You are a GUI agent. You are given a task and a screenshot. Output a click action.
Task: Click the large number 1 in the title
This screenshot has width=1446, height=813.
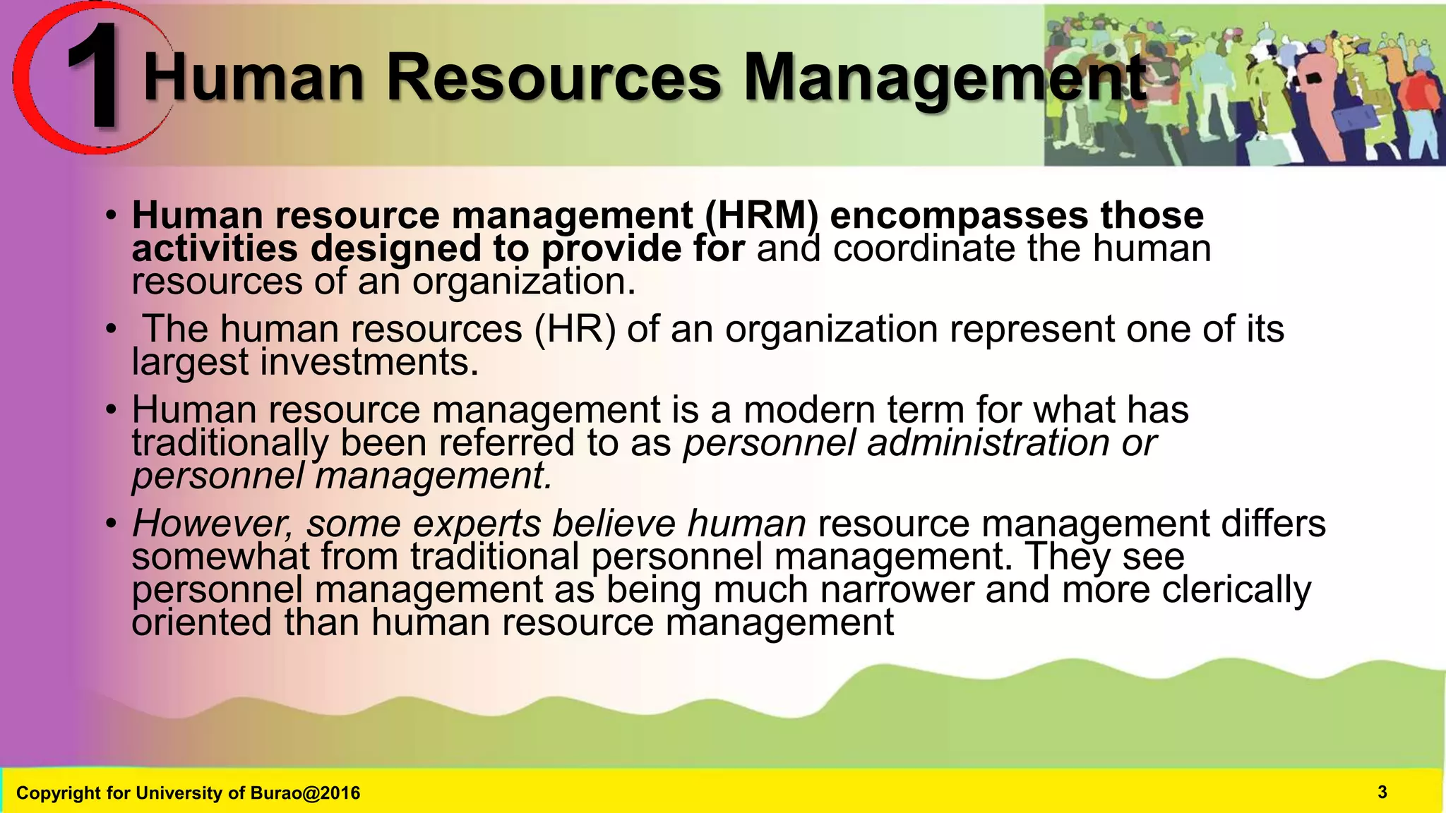point(95,78)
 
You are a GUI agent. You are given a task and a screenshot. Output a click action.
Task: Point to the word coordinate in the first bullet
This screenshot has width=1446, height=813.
point(924,248)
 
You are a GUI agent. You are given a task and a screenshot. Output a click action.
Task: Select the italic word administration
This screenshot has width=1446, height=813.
point(988,442)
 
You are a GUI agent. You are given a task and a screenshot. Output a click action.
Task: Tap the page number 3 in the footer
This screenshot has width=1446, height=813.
point(1382,793)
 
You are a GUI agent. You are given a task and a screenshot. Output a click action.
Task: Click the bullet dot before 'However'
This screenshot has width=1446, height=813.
point(111,524)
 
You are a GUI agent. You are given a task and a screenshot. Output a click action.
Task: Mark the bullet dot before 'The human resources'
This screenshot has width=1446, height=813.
point(111,330)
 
